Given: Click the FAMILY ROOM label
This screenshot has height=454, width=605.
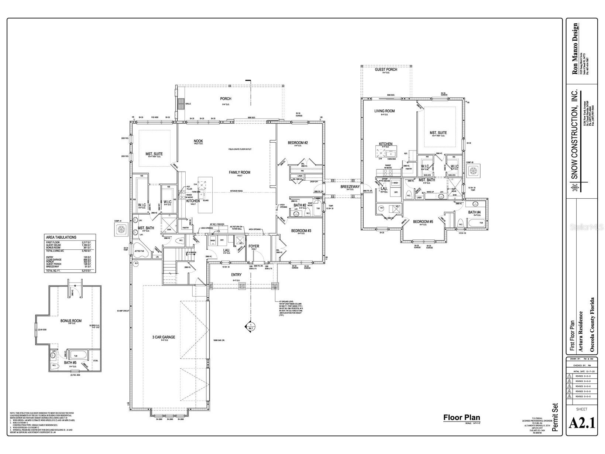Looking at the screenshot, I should (x=240, y=172).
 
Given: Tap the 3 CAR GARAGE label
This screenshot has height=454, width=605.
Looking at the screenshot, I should (x=164, y=337).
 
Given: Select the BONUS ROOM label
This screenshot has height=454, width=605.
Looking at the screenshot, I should (x=71, y=321).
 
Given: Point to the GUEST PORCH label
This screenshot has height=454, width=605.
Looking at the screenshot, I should (x=386, y=69).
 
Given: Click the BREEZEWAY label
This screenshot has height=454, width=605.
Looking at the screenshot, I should (x=350, y=187).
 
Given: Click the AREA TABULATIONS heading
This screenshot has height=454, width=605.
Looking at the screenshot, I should (x=61, y=237).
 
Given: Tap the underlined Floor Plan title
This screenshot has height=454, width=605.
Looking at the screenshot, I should (x=461, y=417).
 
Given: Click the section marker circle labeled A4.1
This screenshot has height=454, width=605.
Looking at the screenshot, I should (x=250, y=326).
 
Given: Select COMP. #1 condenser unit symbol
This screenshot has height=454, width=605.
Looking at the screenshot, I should (x=121, y=230).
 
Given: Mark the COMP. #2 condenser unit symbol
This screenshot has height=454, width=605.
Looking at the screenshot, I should (x=473, y=170).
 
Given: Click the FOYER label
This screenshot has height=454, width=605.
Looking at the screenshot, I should (x=254, y=246).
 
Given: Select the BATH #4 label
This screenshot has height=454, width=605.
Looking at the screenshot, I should (x=474, y=212).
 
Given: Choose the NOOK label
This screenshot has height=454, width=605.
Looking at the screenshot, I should (x=198, y=141).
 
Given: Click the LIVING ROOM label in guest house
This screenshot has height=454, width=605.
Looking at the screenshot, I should (x=385, y=111).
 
